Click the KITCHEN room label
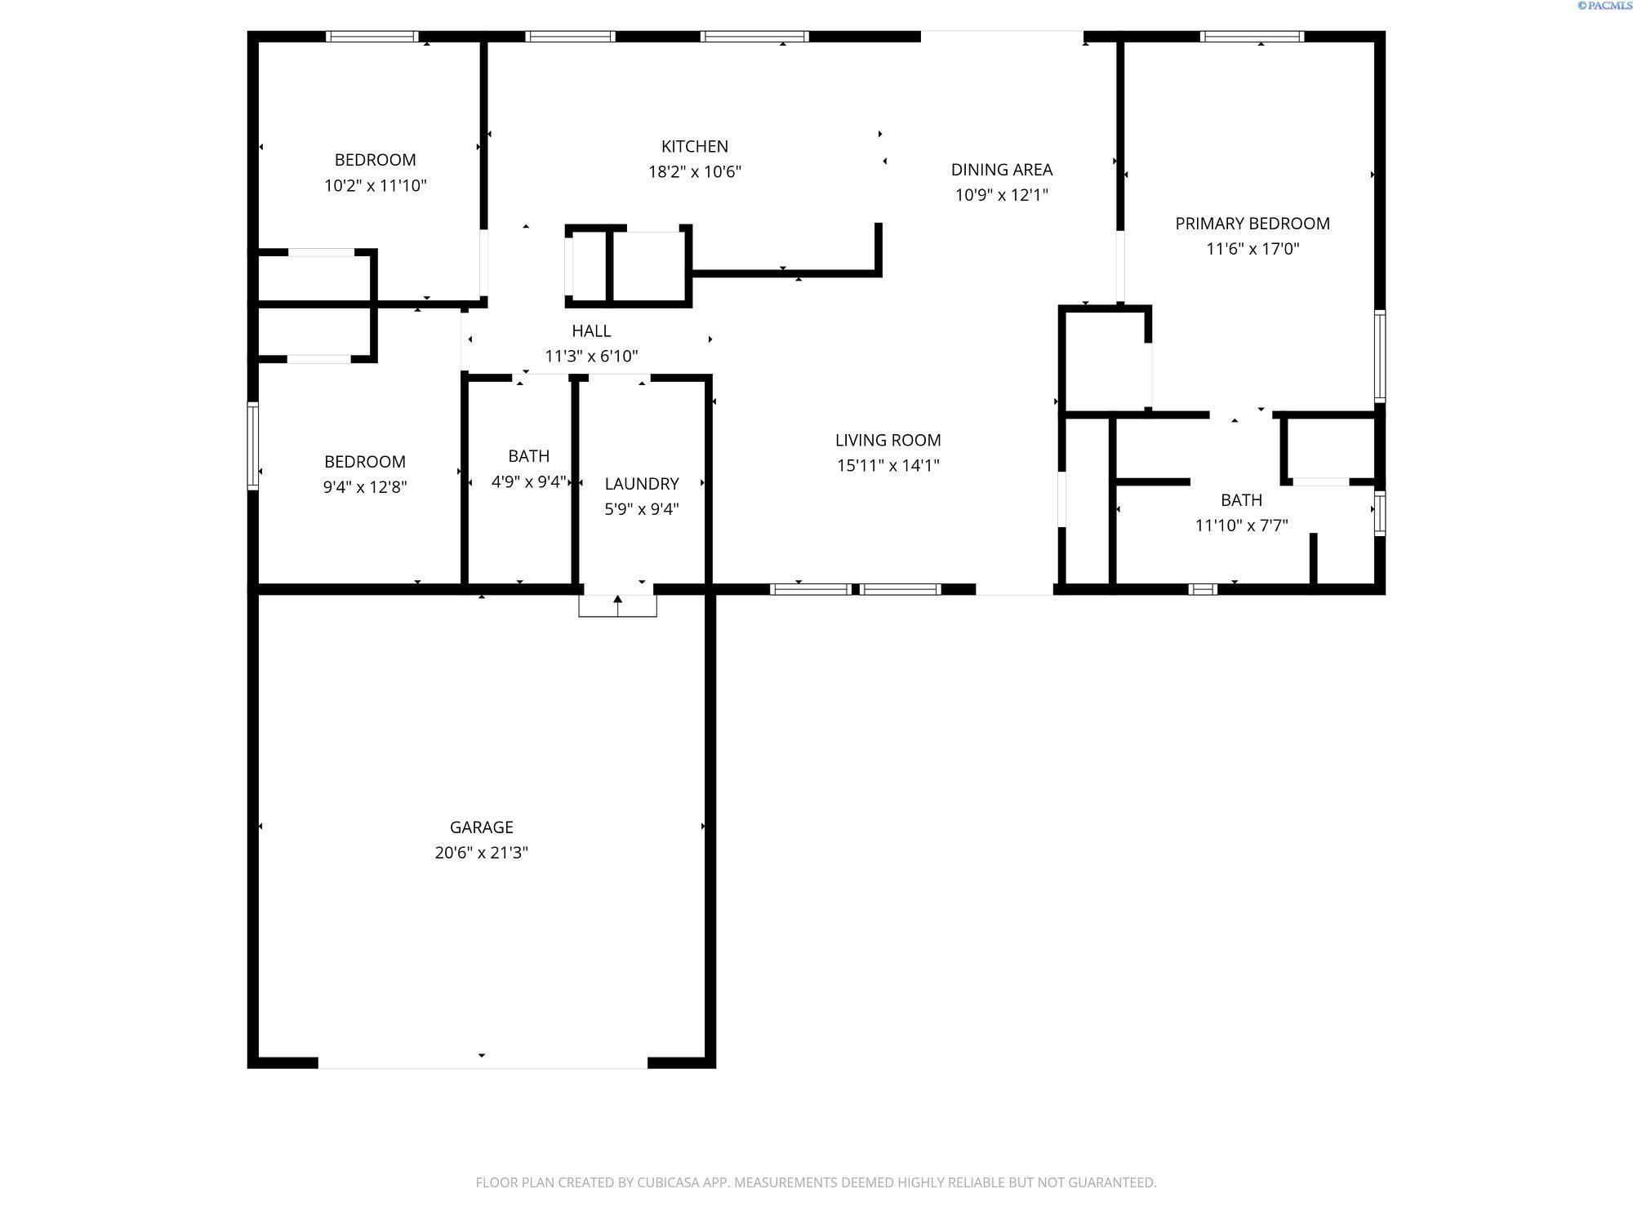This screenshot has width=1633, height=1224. click(x=695, y=146)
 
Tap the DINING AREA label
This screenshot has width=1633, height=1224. click(x=1002, y=170)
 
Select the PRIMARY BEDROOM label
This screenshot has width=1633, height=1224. click(x=1253, y=224)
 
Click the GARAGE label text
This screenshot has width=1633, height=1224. click(x=482, y=827)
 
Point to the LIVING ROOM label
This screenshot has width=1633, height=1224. click(x=888, y=440)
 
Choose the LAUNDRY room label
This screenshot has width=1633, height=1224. click(x=642, y=484)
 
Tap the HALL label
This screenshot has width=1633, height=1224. click(x=591, y=330)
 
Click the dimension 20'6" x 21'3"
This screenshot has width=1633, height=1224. click(x=482, y=853)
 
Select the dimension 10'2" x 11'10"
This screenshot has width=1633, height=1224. click(x=376, y=185)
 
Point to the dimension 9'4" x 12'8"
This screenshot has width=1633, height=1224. click(x=365, y=487)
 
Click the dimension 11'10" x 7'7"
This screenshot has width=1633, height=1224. click(x=1242, y=526)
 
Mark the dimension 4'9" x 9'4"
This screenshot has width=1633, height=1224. click(x=528, y=481)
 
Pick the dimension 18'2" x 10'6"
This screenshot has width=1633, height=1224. click(x=695, y=171)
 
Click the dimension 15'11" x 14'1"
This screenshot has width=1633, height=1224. click(x=888, y=465)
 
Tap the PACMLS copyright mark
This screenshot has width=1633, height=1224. click(x=1604, y=6)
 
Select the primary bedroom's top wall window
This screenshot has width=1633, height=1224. click(x=1252, y=36)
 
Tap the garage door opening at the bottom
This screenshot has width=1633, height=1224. click(x=483, y=1062)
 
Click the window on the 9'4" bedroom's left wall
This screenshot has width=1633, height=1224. click(x=253, y=446)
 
